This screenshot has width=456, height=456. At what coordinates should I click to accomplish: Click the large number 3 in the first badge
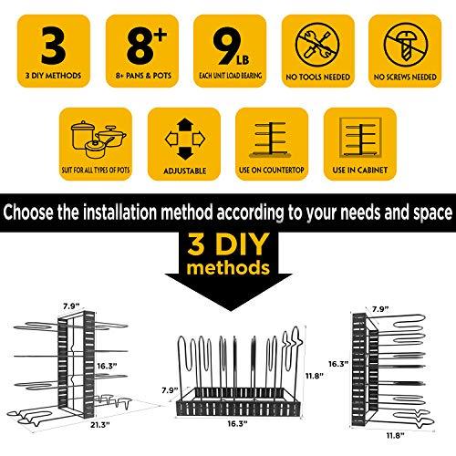point(54,46)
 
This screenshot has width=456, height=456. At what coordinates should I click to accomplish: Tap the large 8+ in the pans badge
point(146,46)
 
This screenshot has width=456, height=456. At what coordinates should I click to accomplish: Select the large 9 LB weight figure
point(231,47)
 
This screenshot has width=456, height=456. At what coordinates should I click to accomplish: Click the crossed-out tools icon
point(317,45)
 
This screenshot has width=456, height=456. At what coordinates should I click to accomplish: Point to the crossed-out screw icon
point(406,45)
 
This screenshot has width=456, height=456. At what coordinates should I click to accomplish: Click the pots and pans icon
point(98,140)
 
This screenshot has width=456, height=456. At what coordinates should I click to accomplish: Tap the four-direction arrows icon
point(185,140)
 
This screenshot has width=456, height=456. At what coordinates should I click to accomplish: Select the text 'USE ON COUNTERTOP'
point(272,170)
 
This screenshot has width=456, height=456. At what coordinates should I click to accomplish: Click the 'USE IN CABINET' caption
point(360,170)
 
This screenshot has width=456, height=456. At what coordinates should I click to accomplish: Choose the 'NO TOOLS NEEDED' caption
point(317,77)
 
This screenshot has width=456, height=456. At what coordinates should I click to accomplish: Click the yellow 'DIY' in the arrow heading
point(243,245)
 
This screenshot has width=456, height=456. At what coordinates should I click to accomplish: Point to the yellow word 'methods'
point(228,268)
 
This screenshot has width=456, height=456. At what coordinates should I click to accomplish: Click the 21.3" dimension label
point(99,425)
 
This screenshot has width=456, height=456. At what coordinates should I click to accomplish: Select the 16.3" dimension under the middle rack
point(237,423)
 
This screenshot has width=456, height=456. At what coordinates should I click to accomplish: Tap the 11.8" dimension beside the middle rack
point(314,376)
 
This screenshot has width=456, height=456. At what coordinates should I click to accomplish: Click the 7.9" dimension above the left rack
point(71,306)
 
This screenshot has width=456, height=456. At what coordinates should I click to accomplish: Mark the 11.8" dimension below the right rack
point(395,436)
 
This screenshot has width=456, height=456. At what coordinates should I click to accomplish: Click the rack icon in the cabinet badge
point(360,138)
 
